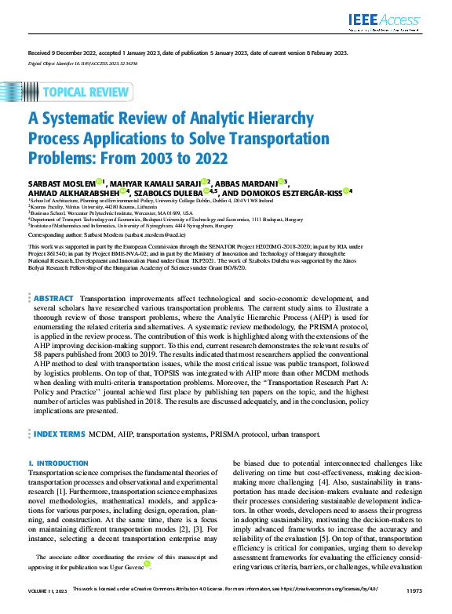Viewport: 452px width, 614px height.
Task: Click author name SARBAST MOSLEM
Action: point(61,183)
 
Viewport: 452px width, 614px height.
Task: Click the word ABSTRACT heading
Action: point(54,277)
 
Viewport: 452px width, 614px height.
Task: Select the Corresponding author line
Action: point(107,234)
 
